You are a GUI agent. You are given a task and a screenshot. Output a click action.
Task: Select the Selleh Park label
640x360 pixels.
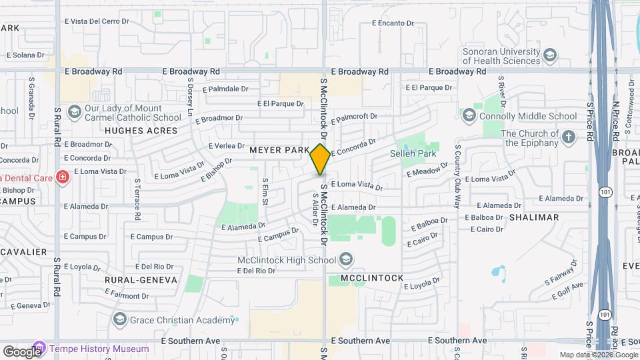point(417,154)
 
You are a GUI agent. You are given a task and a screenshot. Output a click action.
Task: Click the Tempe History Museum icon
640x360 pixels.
point(39,349)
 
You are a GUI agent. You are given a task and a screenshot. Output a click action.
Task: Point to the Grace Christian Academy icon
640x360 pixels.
point(119,319)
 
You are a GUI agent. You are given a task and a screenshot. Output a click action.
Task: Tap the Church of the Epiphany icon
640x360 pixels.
point(568,137)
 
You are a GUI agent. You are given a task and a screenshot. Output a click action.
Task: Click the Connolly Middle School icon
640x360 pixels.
point(469,116)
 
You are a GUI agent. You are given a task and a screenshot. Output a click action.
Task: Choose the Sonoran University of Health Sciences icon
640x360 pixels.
point(550,55)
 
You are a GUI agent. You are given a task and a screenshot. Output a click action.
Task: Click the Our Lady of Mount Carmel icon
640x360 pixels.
point(74,111)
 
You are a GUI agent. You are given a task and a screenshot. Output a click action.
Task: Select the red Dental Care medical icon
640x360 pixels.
point(62,177)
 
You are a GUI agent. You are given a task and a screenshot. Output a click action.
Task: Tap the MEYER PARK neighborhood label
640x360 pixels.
point(280,151)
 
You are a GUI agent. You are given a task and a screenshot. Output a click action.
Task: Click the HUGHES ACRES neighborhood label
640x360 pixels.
point(133,131)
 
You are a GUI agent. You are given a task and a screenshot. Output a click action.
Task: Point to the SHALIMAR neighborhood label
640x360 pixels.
point(534,217)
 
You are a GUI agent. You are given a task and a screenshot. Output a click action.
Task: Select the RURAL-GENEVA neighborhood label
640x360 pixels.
point(141,280)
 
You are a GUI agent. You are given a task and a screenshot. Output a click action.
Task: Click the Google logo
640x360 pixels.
point(21,351)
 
